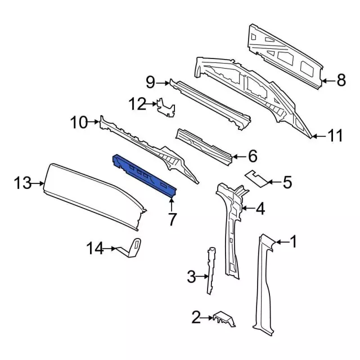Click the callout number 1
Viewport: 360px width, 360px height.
(x=292, y=242)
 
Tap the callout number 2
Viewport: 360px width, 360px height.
(x=196, y=319)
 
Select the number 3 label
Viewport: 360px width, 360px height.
(x=191, y=276)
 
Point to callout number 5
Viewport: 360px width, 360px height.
(x=287, y=182)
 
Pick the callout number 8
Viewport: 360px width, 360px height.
(x=341, y=81)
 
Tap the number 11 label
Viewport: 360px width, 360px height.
(x=335, y=136)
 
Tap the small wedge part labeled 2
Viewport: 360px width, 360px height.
(x=225, y=321)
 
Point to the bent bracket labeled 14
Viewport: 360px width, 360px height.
(x=133, y=249)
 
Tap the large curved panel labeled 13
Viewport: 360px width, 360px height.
(x=90, y=194)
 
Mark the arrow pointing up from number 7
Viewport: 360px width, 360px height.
(x=173, y=201)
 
